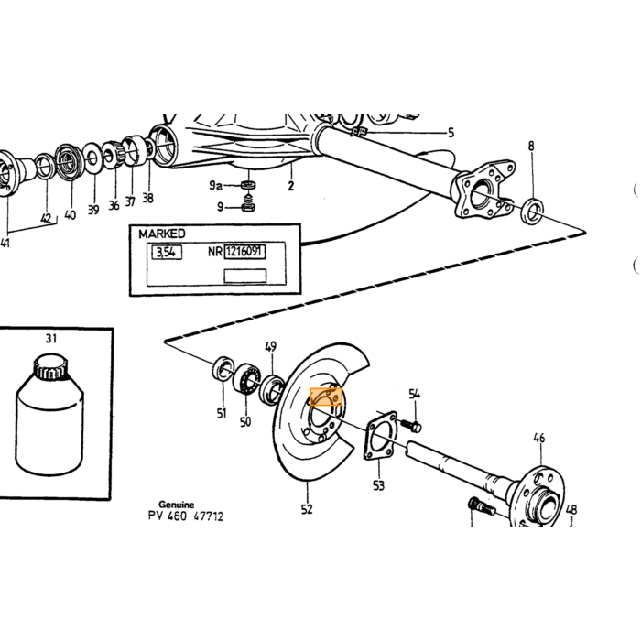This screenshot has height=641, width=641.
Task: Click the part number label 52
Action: [x=307, y=509]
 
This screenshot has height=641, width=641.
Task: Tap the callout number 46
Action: [x=539, y=439]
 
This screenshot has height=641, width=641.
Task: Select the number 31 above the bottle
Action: [x=51, y=339]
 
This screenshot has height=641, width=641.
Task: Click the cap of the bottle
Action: [x=50, y=366]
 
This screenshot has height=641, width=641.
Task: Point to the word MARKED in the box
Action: [x=162, y=234]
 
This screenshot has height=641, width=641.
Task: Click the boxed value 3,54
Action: [x=167, y=252]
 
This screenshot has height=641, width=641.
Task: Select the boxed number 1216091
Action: [x=244, y=252]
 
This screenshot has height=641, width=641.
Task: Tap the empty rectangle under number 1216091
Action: [x=244, y=276]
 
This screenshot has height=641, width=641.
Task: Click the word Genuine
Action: [x=176, y=505]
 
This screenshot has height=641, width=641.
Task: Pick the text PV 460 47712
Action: [x=186, y=516]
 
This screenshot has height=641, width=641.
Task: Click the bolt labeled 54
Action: [x=409, y=426]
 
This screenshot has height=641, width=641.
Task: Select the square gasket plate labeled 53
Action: [x=380, y=435]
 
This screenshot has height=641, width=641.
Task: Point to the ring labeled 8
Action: [x=533, y=211]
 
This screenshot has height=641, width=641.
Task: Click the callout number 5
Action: [x=451, y=133]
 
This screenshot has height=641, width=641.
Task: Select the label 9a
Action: [x=215, y=186]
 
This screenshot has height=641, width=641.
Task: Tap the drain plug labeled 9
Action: [x=247, y=203]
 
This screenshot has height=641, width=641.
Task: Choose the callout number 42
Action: [x=46, y=218]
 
